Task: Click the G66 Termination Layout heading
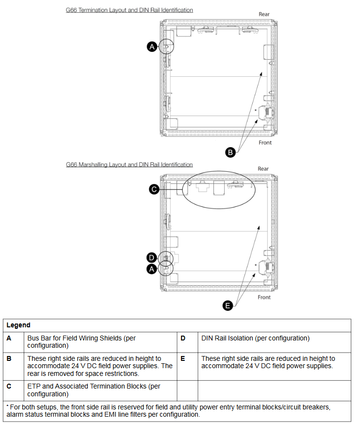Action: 129,10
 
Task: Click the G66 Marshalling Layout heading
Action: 129,165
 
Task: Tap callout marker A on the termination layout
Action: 152,47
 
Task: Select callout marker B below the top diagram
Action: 231,152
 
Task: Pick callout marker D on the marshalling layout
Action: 152,257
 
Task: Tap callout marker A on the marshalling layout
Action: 152,269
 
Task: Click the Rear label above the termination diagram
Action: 264,14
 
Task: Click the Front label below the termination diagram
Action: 265,142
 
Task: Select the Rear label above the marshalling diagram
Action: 263,169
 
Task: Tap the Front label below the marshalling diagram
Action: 264,297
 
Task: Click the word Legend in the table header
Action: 18,325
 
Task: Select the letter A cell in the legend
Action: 9,338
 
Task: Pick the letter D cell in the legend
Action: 183,338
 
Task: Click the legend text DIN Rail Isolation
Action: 255,338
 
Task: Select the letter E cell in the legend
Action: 183,358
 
